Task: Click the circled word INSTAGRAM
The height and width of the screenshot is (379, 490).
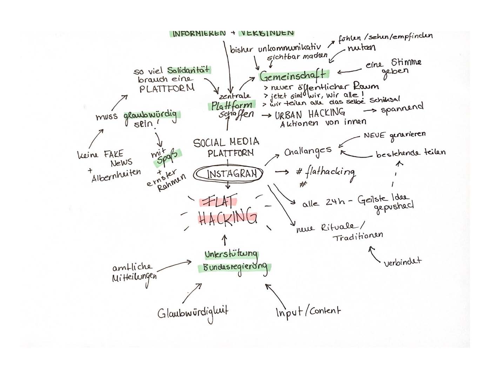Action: tap(231, 174)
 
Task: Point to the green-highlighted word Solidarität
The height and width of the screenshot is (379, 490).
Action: tap(188, 70)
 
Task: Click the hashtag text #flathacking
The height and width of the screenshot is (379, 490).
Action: tap(326, 172)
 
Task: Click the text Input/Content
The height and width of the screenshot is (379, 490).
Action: tap(308, 311)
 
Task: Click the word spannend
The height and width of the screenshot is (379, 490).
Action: tap(402, 108)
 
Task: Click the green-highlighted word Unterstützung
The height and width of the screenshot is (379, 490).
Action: tap(231, 254)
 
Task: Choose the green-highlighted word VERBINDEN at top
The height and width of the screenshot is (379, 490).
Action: tap(267, 33)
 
